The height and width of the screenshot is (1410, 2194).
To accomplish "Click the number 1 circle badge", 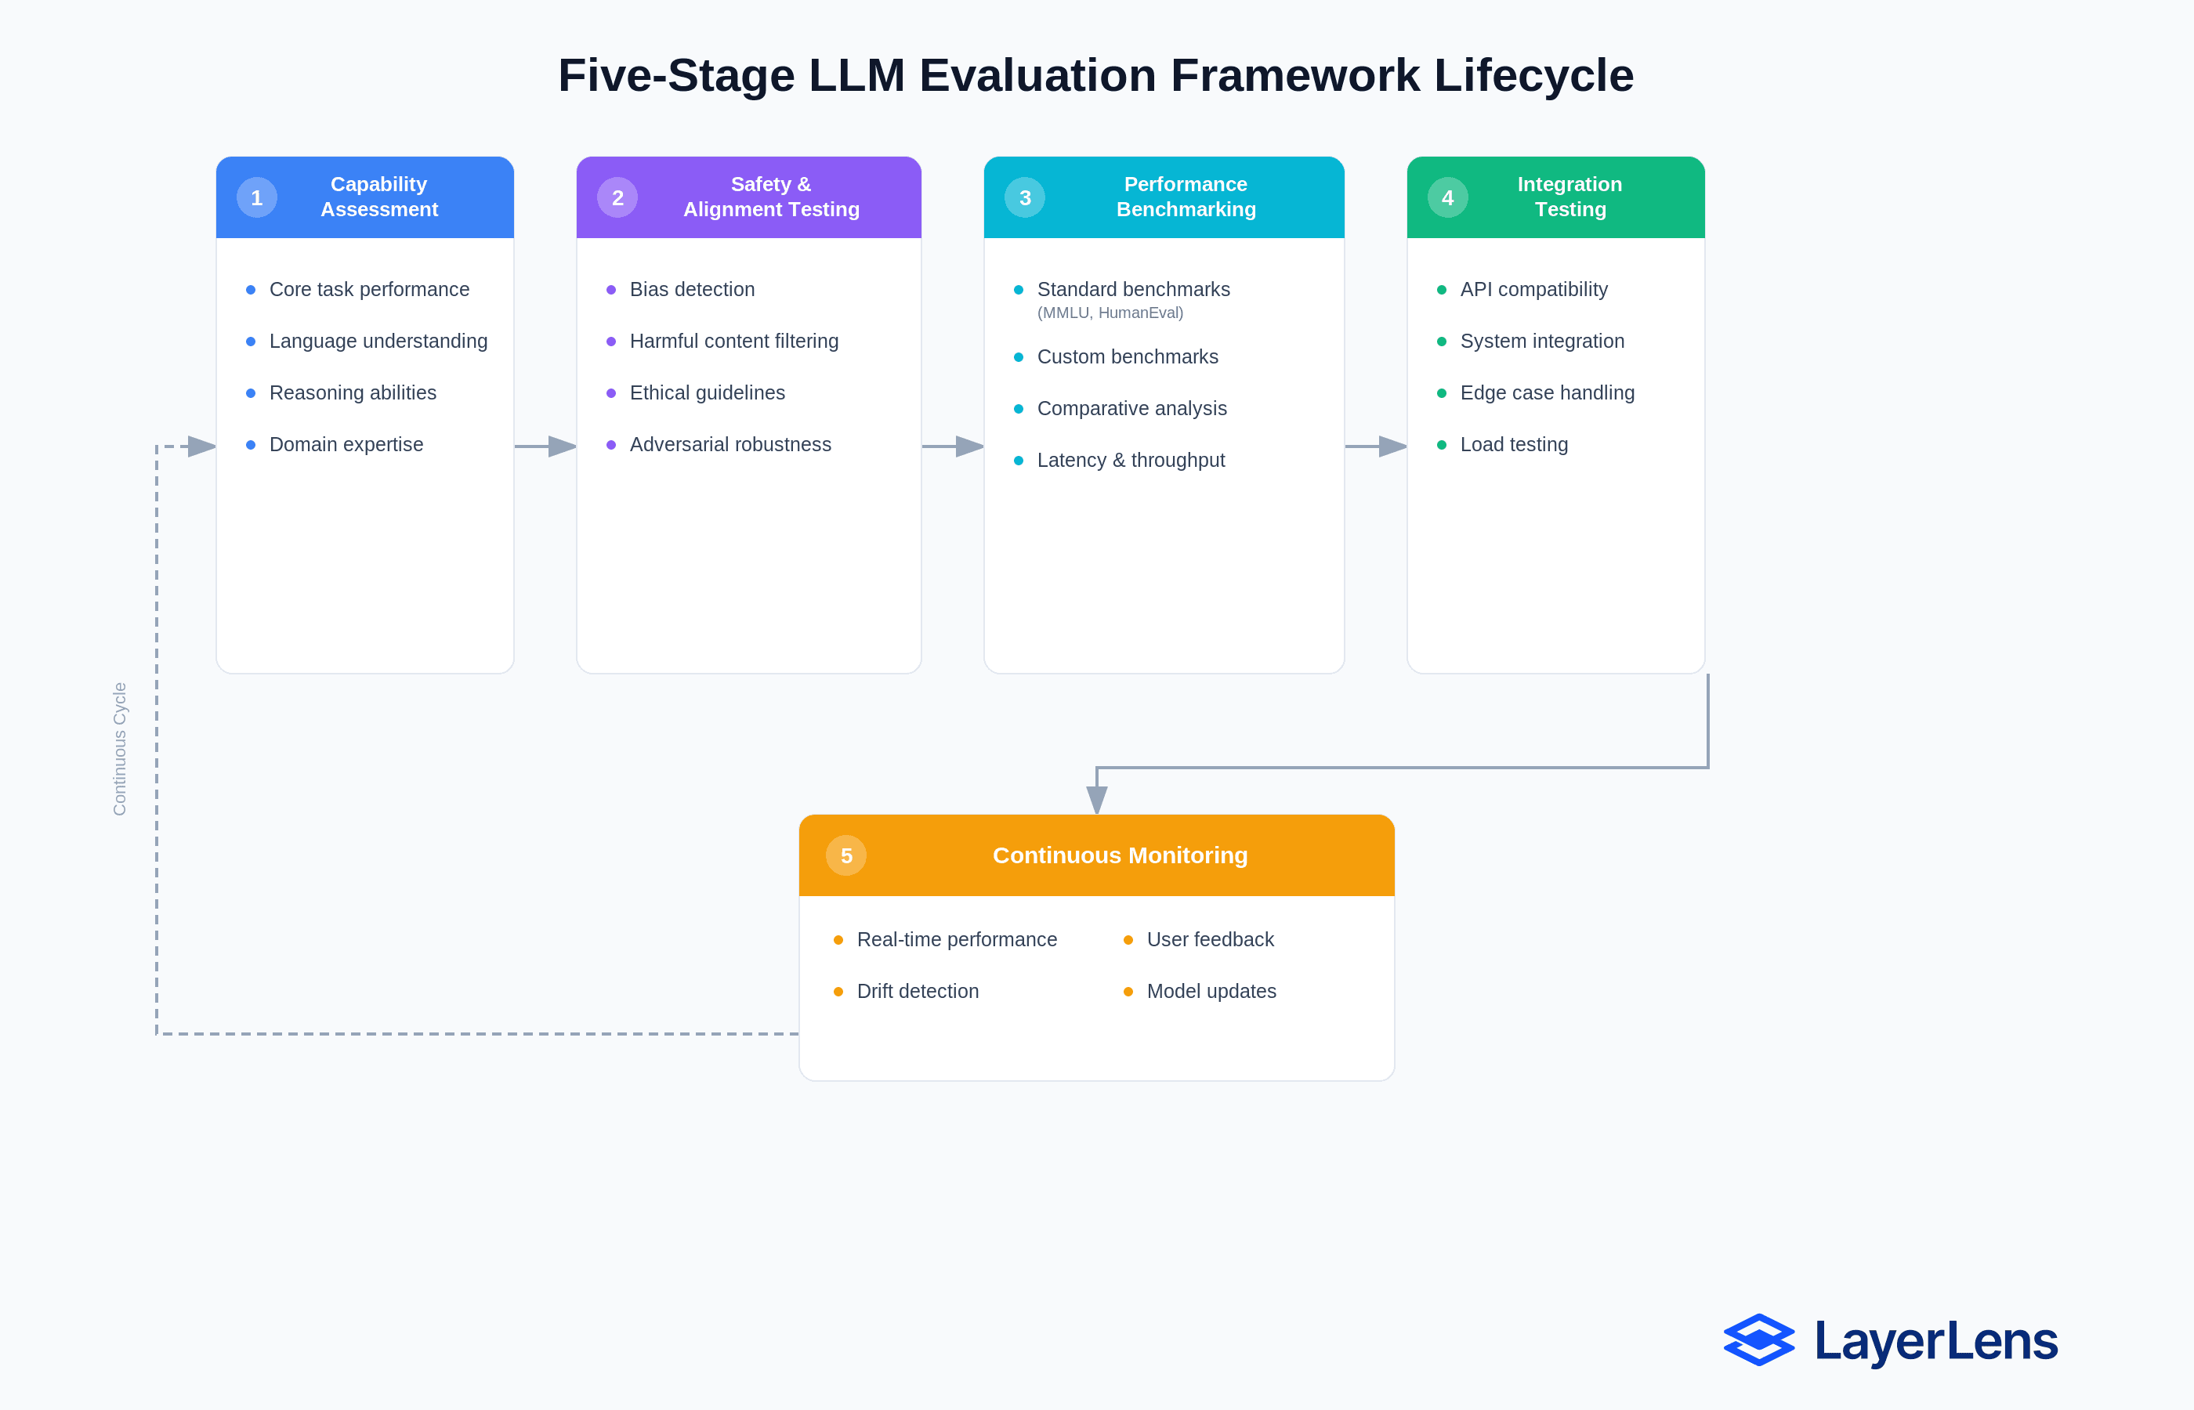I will click(256, 197).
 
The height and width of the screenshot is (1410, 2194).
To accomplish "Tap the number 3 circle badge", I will click(1025, 197).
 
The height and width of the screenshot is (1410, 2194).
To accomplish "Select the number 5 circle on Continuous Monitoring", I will click(846, 855).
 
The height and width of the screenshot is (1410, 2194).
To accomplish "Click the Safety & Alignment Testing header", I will click(771, 197).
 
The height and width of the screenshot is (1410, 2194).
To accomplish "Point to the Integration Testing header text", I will click(1569, 197).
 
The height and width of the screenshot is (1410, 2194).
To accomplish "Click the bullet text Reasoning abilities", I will click(353, 392).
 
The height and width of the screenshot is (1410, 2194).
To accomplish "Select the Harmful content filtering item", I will click(733, 342).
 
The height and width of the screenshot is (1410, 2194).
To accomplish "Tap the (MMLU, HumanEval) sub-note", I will click(1110, 313).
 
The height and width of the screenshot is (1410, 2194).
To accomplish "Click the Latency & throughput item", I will click(1130, 461).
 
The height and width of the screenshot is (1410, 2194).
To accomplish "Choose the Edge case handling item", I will click(1547, 392).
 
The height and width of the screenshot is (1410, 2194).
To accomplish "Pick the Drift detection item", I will click(918, 992).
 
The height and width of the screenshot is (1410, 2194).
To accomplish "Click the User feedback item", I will click(1210, 939).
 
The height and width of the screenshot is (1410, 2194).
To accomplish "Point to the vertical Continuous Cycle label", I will click(120, 749).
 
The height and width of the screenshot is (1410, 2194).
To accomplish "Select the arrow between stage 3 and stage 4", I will click(1376, 446).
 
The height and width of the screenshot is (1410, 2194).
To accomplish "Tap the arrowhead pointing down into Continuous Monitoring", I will click(1097, 799).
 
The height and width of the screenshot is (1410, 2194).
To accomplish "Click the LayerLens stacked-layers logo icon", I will click(1759, 1340).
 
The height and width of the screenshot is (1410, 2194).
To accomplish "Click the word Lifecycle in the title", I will click(1533, 75).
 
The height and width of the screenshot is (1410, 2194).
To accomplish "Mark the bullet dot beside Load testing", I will click(1441, 445).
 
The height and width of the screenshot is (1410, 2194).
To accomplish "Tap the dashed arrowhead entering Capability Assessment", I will click(201, 446).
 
